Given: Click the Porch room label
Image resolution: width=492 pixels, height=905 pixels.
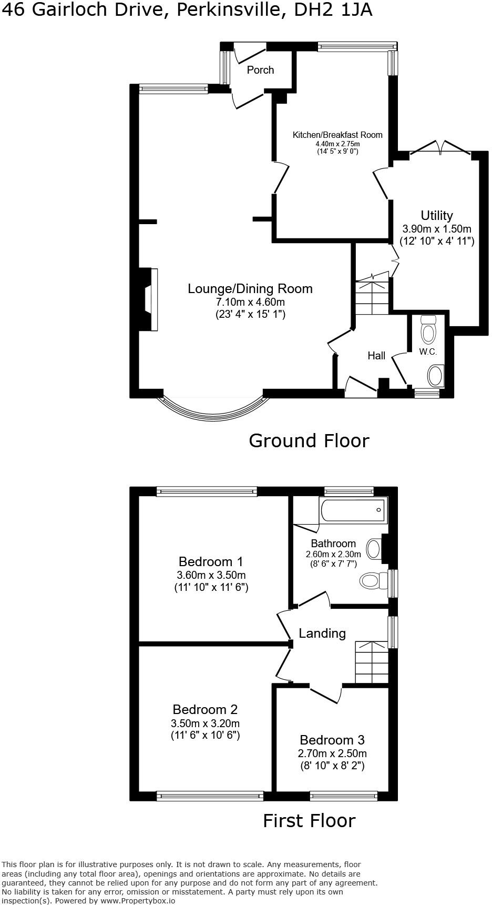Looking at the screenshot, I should (x=260, y=70).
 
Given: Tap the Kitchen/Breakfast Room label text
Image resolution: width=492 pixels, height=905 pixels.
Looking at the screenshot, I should (x=337, y=135).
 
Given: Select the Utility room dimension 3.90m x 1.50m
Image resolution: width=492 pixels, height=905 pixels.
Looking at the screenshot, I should (x=436, y=229).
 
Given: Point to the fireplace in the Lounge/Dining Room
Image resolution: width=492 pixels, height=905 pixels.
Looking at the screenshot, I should (x=148, y=300).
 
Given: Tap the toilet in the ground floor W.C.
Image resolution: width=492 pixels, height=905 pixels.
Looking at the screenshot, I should (x=429, y=330).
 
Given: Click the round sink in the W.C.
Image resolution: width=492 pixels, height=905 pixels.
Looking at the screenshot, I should (x=435, y=376).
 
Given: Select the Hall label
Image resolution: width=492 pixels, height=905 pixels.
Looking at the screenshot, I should (x=376, y=356).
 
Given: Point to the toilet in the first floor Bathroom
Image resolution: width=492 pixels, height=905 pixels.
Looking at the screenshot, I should (x=370, y=581).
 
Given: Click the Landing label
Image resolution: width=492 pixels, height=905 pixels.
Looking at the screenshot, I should (x=322, y=633).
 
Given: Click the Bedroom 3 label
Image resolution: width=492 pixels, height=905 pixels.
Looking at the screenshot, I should (x=332, y=740).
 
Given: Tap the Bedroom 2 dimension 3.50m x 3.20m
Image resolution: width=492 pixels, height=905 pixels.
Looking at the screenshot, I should (x=205, y=723).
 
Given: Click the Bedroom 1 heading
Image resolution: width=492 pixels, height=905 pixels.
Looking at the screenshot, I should (x=210, y=561).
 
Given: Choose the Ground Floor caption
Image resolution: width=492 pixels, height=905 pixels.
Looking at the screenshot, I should (x=309, y=440).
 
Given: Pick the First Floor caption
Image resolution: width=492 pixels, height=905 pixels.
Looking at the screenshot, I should (x=309, y=820).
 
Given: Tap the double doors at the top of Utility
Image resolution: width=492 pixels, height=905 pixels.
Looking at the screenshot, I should (x=439, y=147).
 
